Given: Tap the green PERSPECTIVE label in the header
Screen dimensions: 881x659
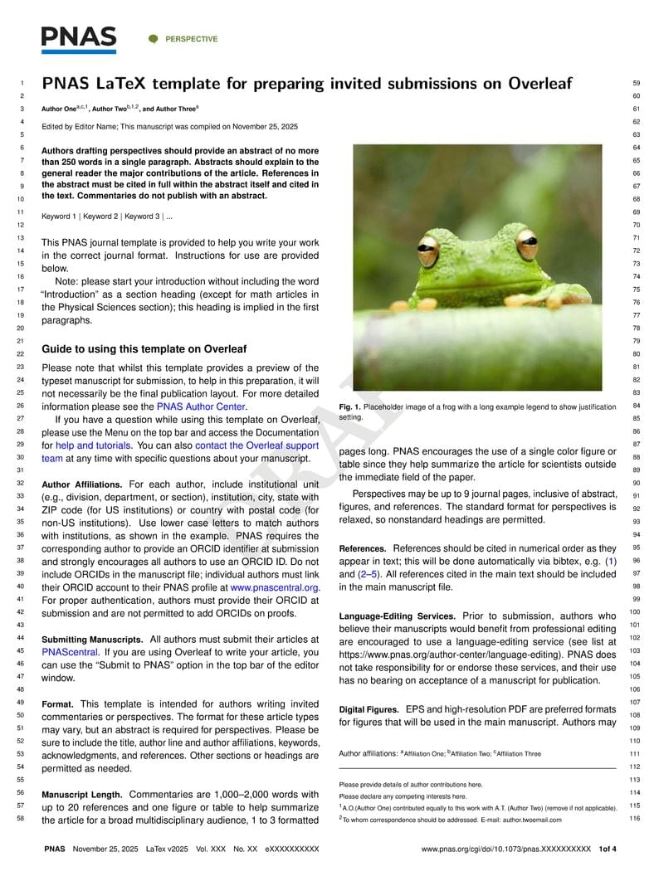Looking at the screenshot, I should click(x=191, y=39).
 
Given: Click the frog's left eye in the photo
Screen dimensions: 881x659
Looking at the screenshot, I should click(x=428, y=249).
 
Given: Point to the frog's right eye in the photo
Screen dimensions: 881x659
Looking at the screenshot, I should click(x=526, y=246).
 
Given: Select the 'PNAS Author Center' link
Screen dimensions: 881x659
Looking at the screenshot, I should click(x=201, y=406).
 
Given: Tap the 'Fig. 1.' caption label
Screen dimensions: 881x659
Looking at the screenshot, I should click(x=352, y=407).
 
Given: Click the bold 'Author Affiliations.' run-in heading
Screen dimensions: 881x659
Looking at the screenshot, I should click(x=82, y=484).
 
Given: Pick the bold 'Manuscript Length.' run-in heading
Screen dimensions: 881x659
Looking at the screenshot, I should click(x=81, y=795).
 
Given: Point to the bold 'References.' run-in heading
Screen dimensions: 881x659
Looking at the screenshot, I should click(x=363, y=549).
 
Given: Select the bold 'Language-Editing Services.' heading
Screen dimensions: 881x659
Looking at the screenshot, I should click(x=397, y=616).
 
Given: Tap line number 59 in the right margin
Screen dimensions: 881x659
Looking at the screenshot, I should click(x=636, y=84).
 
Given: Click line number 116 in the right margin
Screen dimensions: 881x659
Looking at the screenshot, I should click(x=635, y=819).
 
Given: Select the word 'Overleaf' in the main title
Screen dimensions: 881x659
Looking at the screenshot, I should click(x=539, y=84).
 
